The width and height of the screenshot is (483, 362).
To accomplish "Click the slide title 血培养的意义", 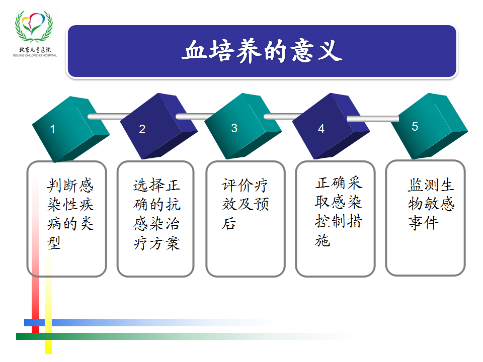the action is coord(262,51).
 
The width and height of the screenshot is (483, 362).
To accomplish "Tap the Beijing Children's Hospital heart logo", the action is coord(34,27).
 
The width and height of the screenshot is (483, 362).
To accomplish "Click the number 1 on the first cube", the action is coord(53,129).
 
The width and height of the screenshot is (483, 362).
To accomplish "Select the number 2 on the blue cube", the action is coord(142,129).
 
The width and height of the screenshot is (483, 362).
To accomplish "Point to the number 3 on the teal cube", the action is coord(234,128).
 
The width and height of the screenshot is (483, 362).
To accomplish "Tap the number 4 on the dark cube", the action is coord(321,129).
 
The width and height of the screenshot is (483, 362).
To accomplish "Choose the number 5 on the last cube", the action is coord(415,127).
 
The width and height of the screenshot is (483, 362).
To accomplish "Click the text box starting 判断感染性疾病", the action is coord(67,219).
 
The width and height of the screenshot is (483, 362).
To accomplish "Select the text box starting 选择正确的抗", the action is coord(155,219).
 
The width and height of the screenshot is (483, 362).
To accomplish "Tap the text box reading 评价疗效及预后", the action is coord(246,219).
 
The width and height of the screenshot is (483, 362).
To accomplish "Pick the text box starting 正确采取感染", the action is coord(335,219).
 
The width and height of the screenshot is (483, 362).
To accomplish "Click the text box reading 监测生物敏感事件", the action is coord(426,218).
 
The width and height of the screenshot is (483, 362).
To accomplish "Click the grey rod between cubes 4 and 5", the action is coord(373,119).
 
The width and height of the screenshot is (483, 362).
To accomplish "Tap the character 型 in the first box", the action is coord(54,243).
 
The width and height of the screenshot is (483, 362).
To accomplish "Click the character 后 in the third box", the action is coord(229,223).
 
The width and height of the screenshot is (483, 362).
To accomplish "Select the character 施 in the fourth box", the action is coord(323,240).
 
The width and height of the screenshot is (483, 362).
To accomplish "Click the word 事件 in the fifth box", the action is coord(424,223).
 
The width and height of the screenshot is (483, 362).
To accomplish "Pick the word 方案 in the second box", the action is coord(165,243).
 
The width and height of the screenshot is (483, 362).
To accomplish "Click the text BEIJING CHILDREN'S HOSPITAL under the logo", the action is coord(35,55).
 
